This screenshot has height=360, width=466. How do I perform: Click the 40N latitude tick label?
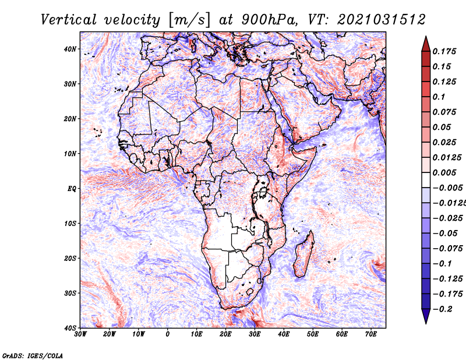70,49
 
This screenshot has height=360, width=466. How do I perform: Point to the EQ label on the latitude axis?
72,188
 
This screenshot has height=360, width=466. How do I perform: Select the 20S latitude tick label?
70,258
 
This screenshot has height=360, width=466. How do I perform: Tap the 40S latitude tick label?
70,327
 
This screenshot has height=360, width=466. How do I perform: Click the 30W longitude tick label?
80,334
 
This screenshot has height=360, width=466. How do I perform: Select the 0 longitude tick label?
168,334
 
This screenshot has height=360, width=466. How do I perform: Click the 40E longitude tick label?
284,334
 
